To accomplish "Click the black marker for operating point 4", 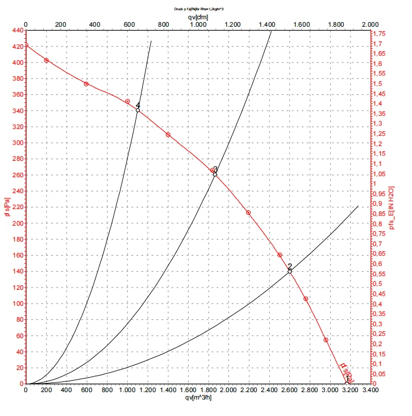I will point(138,110).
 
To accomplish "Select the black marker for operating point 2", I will point(290,272).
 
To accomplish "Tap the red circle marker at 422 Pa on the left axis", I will point(26,45).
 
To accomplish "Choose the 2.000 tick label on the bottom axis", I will point(228,391).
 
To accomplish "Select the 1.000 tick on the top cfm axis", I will point(198,25).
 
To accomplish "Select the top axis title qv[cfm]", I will point(198,17).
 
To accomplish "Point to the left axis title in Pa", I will point(6,207).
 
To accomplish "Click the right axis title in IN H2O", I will point(392,207).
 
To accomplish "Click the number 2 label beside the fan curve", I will point(289,266).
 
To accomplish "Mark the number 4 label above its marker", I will point(138,105).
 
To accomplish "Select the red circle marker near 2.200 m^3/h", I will point(248,213).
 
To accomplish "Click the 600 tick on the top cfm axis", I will point(130,25).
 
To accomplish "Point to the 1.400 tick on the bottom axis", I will point(167,391).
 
